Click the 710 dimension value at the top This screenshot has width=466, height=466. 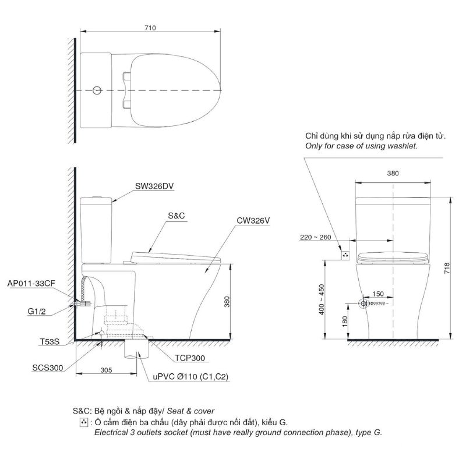(150, 27)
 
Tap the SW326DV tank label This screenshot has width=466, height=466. (154, 186)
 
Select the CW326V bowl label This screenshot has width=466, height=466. (253, 221)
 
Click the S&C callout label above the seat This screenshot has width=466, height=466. (176, 216)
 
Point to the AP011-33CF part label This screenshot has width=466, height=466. (31, 283)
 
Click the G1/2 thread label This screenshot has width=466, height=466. (37, 312)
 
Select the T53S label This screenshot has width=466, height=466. (50, 342)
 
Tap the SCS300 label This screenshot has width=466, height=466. (48, 368)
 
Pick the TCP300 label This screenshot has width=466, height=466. (190, 358)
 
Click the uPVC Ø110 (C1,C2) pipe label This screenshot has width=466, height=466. (190, 376)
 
